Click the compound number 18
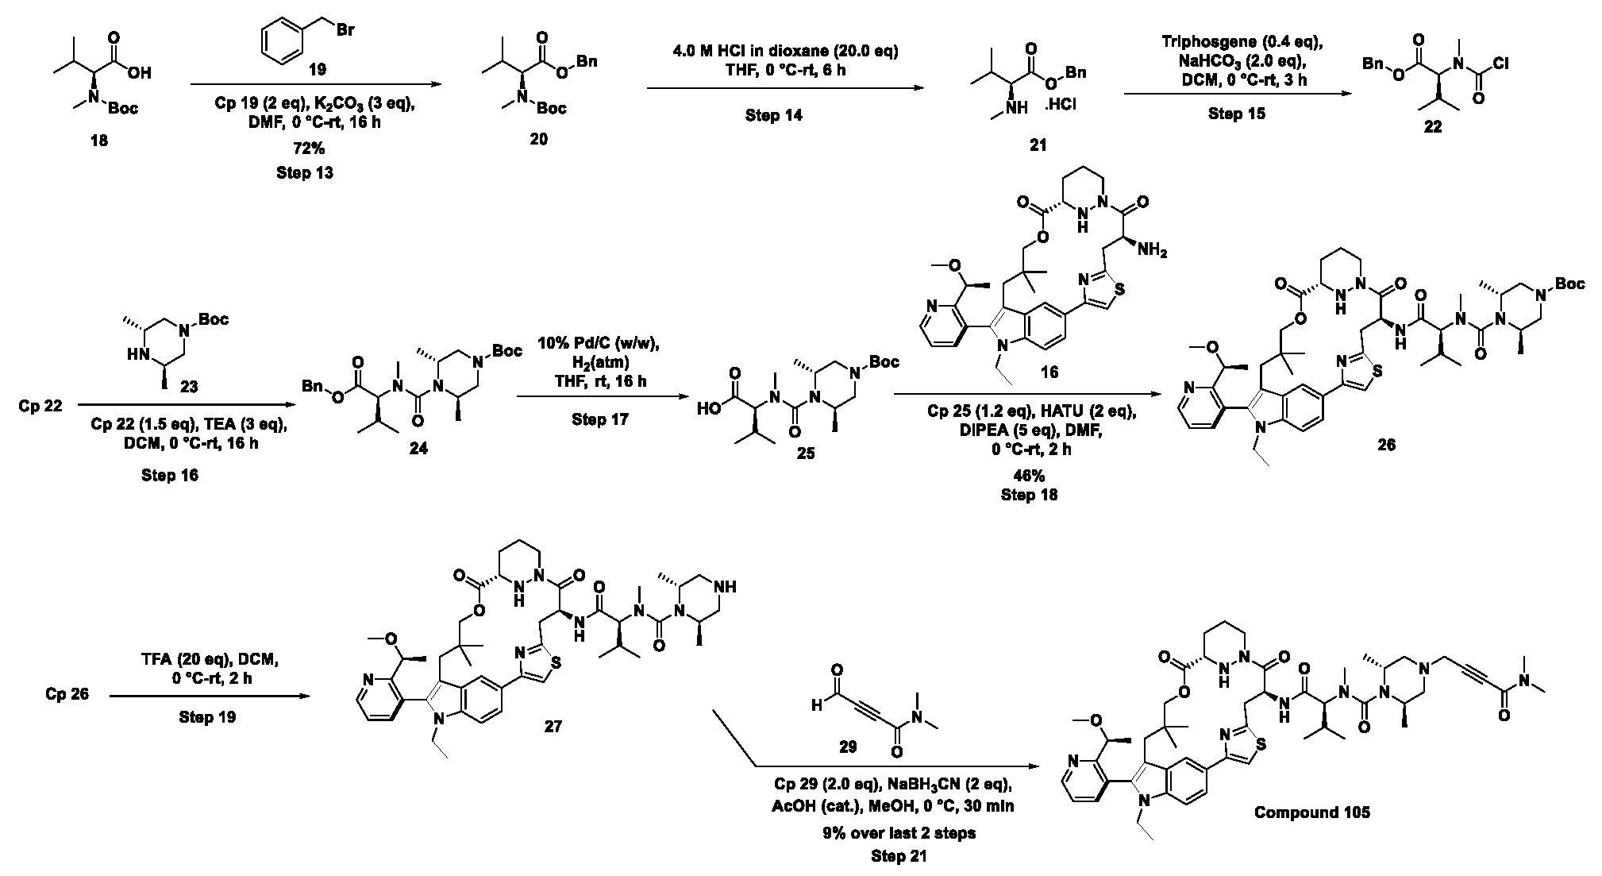98,141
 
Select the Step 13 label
305,172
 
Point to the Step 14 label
773,115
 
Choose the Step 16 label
170,475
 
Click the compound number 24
418,449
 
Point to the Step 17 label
600,419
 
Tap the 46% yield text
1029,475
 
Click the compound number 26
1386,445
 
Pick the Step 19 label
207,717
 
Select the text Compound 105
1312,812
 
